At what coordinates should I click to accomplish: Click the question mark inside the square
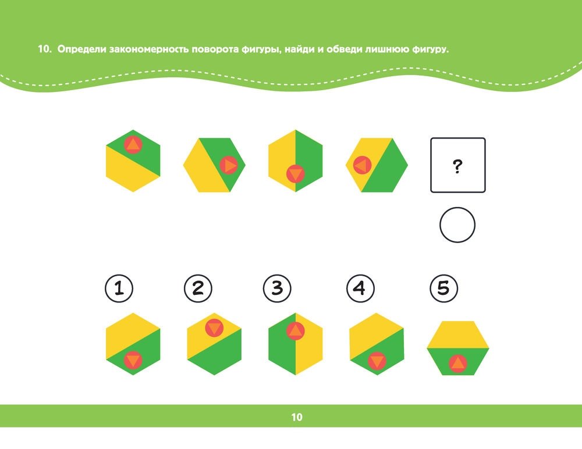pos(457,166)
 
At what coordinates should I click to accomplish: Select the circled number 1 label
pos(119,288)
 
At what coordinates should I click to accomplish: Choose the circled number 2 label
pos(198,288)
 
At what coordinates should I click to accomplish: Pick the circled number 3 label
pos(277,288)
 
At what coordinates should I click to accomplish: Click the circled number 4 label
pos(360,288)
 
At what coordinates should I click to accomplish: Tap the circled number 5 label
pos(444,288)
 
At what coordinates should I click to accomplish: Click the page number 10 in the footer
pos(297,417)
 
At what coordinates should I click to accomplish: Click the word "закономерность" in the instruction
pos(149,49)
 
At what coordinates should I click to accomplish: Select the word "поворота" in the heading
pos(215,49)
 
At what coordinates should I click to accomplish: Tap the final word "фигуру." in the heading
pos(430,49)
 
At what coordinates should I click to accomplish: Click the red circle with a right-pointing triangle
pos(229,165)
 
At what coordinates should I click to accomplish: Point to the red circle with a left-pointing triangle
pos(362,165)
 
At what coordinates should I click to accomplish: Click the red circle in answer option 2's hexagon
pos(214,328)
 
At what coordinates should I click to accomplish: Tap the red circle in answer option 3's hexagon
pos(296,331)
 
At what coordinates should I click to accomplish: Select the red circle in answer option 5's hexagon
pos(457,364)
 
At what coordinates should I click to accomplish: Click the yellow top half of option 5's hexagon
pos(457,334)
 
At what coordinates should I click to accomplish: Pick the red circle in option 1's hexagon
pos(133,360)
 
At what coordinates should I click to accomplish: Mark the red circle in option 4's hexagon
pos(377,361)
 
